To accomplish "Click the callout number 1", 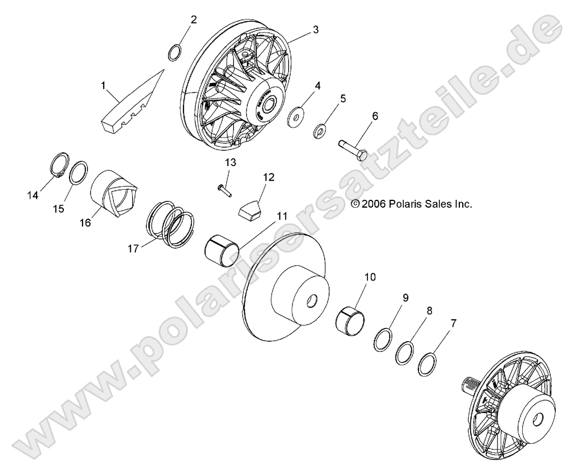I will pos(103,85).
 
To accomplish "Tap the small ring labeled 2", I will pos(175,53).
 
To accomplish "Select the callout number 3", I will pos(316,29).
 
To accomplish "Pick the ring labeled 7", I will pos(427,365).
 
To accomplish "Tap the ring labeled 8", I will pos(404,353).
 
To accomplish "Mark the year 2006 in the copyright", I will pos(372,204).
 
